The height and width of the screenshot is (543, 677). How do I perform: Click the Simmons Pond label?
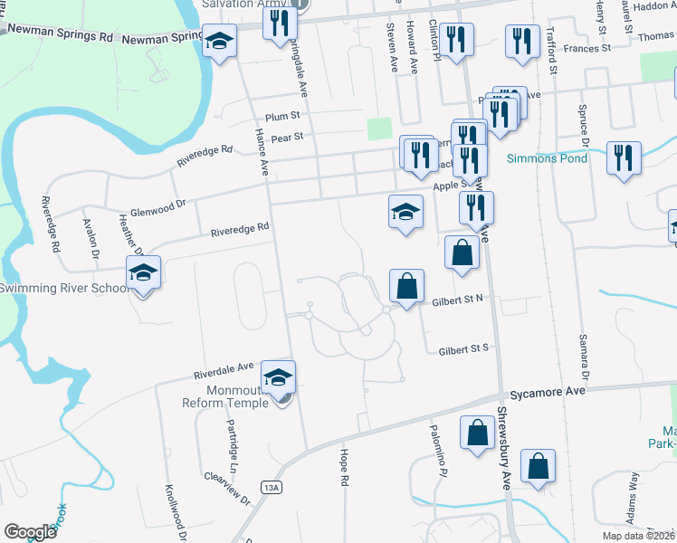547,158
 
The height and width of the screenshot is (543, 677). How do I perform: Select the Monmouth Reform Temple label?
225,397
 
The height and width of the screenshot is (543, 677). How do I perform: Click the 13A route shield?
272,488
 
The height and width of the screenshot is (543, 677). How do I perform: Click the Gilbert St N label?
458,300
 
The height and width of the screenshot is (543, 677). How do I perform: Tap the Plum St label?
282,118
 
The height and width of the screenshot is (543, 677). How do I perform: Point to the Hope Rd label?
344,459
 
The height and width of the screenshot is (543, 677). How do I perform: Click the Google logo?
30,532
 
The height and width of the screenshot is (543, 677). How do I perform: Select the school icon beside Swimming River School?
142,272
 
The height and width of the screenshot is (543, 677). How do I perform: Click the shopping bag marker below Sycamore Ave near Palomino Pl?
476,433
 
